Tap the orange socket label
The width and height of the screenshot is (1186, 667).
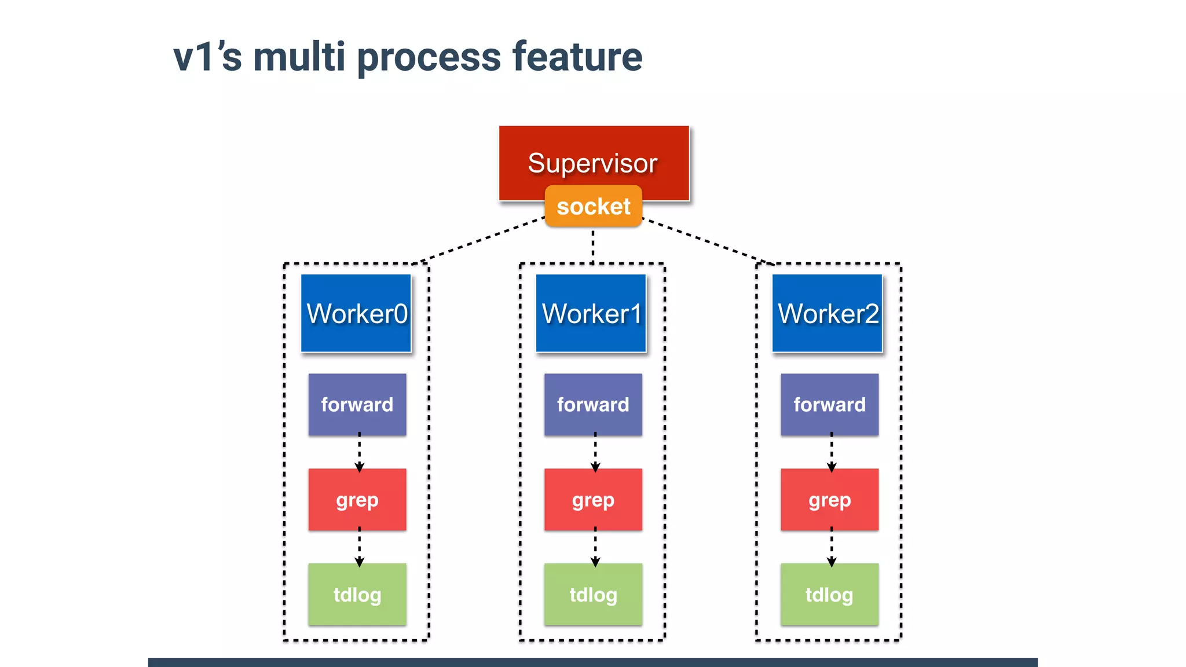[594, 207]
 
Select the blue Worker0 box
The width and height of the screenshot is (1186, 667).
[356, 313]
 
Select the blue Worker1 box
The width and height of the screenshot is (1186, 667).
[591, 313]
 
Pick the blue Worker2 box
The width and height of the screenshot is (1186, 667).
[828, 313]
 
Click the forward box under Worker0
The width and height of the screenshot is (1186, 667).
[357, 404]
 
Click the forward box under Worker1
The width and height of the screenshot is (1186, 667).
[593, 404]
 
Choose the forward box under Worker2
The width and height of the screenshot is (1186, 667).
[829, 404]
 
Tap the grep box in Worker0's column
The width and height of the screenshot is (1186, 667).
[357, 499]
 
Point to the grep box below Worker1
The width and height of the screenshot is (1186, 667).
[593, 499]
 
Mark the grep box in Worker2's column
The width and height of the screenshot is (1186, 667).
[829, 499]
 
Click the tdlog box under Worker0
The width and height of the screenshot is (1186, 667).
[357, 594]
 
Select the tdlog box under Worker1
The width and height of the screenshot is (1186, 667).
[593, 594]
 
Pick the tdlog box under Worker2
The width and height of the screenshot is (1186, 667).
[829, 594]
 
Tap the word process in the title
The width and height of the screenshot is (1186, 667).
[429, 58]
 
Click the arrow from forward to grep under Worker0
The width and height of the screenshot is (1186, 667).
[359, 452]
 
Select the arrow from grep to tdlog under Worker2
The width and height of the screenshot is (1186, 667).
[832, 547]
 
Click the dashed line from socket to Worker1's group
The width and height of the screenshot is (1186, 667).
[593, 246]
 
